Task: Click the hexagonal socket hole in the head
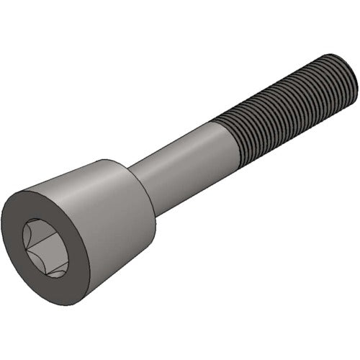(45, 248)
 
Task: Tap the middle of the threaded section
(288, 104)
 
